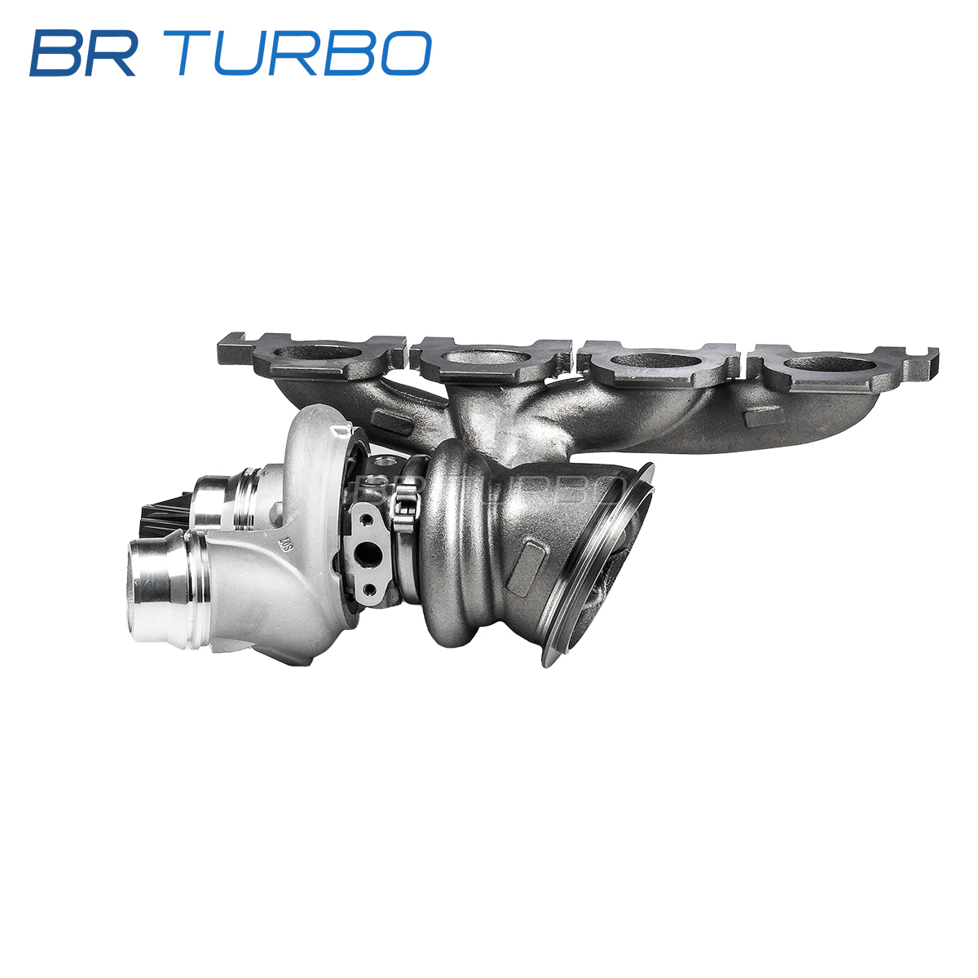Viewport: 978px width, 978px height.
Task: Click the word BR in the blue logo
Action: click(x=82, y=53)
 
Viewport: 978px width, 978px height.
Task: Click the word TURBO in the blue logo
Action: click(x=303, y=53)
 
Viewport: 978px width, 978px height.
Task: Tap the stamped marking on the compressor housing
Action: click(x=286, y=544)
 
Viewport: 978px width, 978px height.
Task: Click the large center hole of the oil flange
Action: click(x=368, y=554)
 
